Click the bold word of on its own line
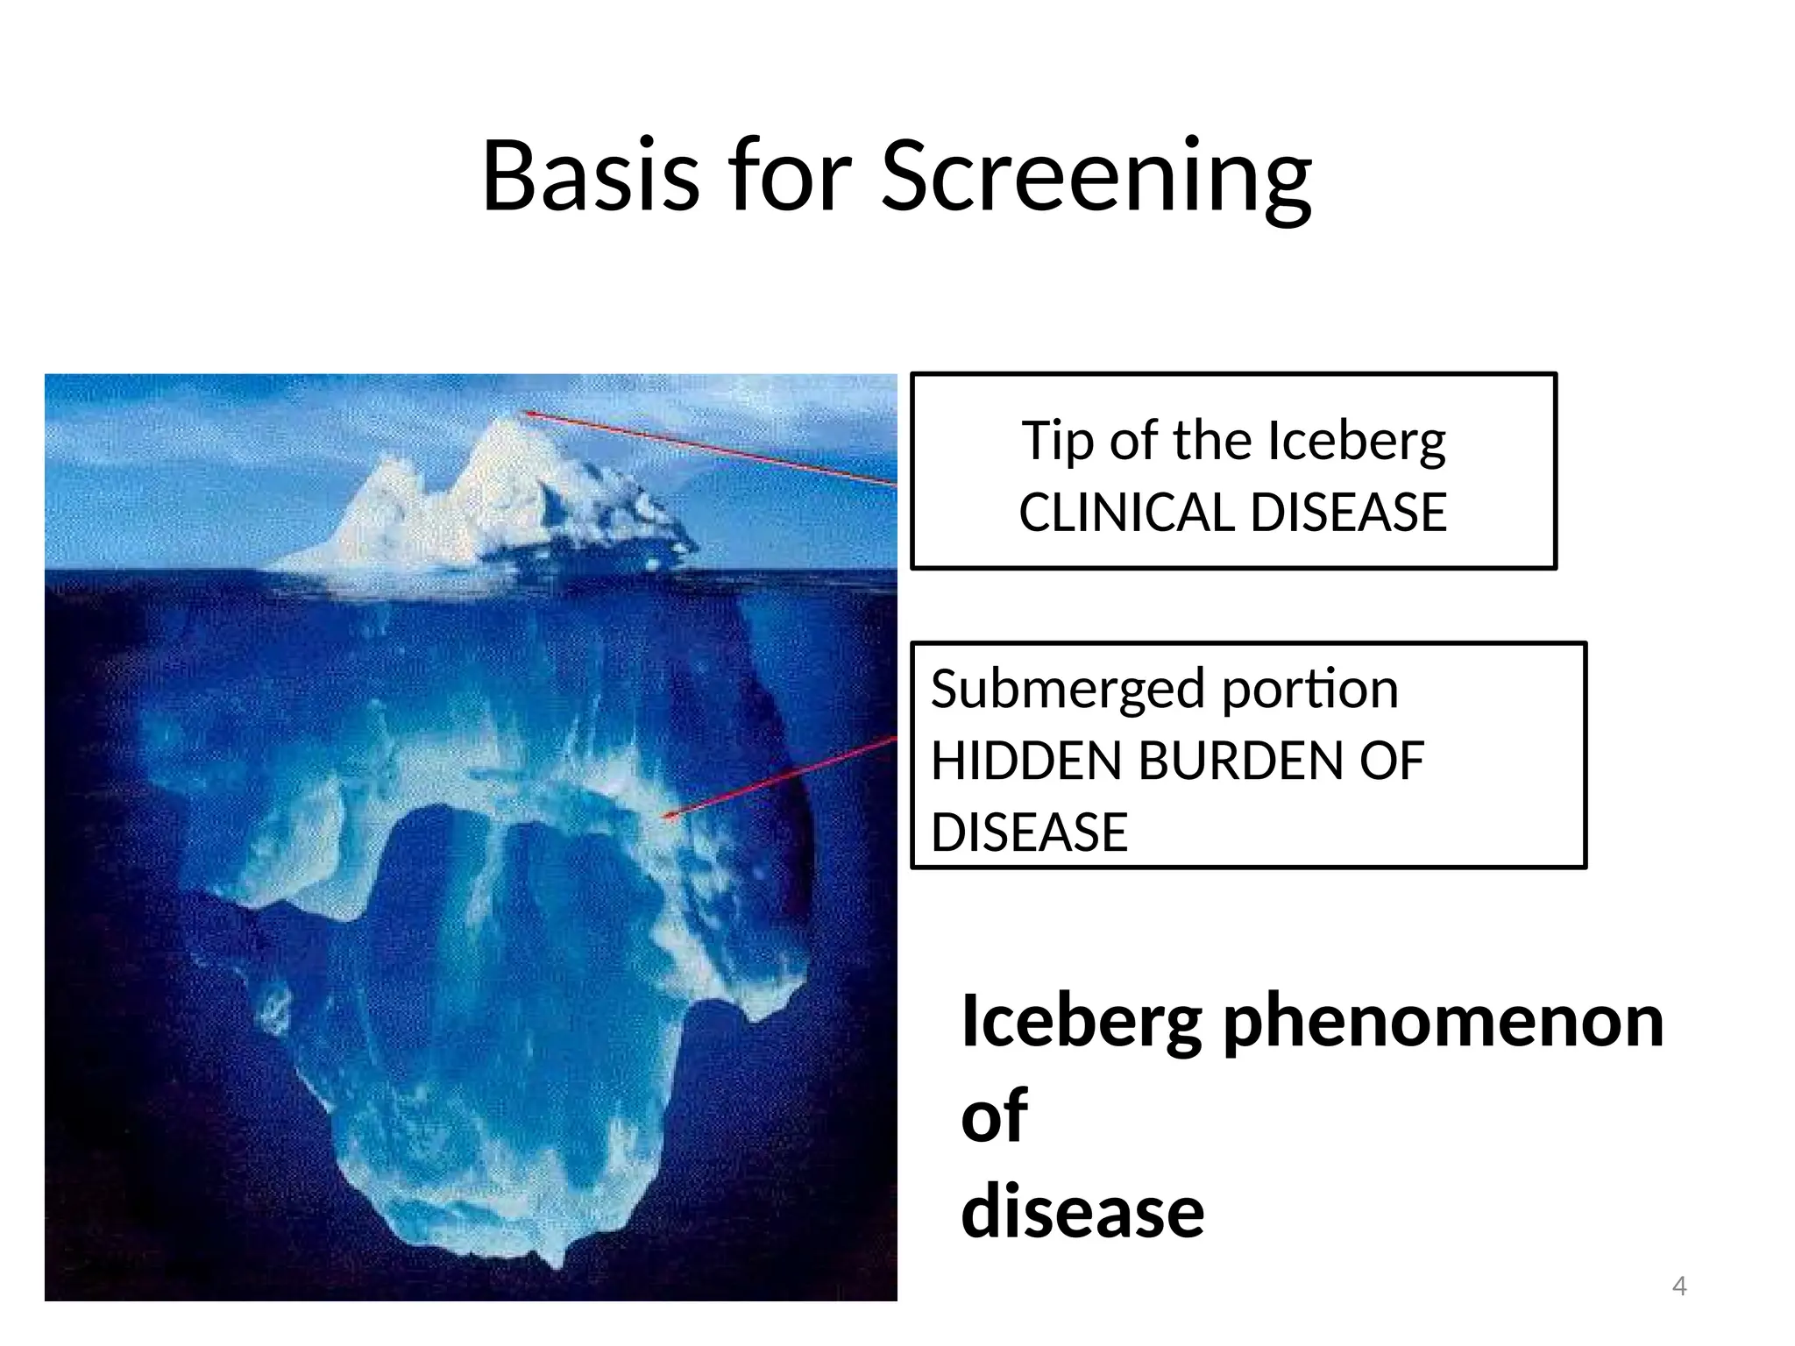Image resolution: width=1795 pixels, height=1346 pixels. click(x=994, y=1116)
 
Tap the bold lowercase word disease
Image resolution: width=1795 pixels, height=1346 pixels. click(x=1082, y=1211)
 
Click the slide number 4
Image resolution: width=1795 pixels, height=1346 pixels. click(x=1679, y=1286)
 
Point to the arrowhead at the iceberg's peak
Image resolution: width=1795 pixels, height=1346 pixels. click(x=526, y=413)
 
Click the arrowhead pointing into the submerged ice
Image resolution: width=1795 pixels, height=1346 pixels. click(x=668, y=817)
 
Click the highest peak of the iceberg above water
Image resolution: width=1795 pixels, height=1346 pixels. click(x=507, y=420)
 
